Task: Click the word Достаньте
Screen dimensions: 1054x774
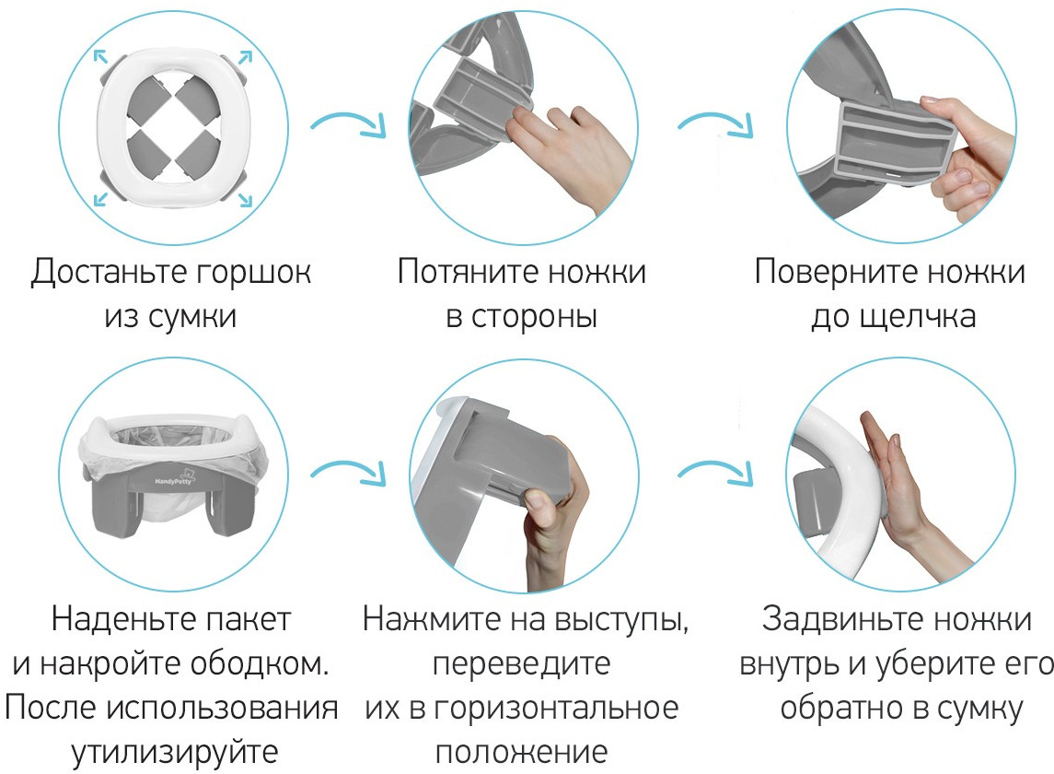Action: pyautogui.click(x=109, y=272)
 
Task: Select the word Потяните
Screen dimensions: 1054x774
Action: pyautogui.click(x=468, y=271)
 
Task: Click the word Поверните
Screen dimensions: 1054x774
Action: pyautogui.click(x=836, y=272)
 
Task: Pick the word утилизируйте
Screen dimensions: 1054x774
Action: pyautogui.click(x=175, y=753)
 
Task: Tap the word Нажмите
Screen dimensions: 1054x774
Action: pyautogui.click(x=433, y=618)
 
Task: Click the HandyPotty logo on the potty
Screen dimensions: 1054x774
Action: pyautogui.click(x=173, y=480)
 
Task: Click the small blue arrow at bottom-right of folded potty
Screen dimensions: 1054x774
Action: pyautogui.click(x=246, y=200)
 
